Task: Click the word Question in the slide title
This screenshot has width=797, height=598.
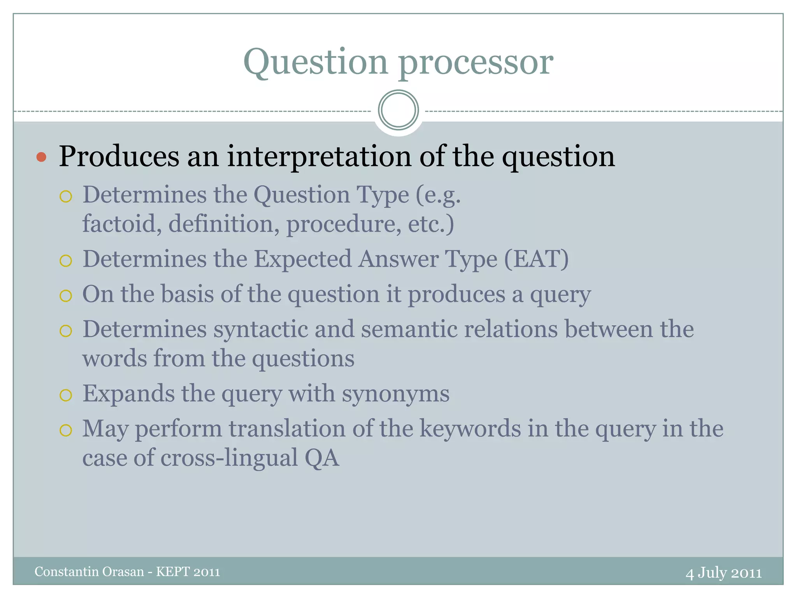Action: coord(316,62)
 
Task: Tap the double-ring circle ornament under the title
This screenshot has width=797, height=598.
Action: coord(398,110)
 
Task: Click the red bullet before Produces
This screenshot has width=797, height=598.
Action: coord(41,157)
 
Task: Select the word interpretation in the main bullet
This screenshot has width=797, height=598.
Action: coord(319,157)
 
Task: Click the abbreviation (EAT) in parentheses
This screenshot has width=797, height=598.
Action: coord(536,259)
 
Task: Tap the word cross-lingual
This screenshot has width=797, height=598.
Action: coord(229,457)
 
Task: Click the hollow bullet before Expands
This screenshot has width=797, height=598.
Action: coord(66,395)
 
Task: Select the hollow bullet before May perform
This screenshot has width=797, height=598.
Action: coord(66,430)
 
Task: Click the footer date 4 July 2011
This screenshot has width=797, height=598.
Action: coord(723,573)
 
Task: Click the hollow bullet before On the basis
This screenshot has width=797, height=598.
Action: coord(66,296)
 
